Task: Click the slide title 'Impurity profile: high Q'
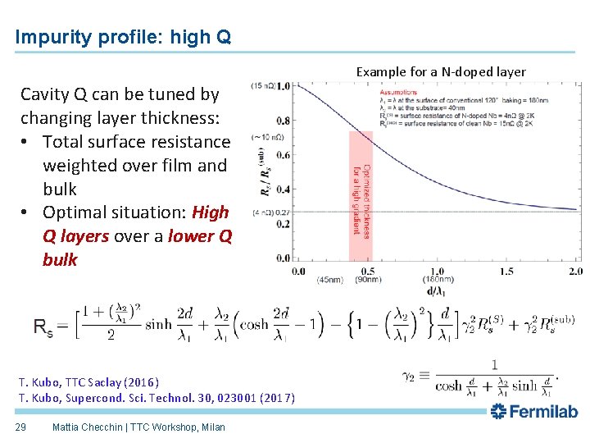pyautogui.click(x=123, y=37)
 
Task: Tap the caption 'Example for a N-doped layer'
pyautogui.click(x=441, y=71)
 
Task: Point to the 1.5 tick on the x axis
pyautogui.click(x=506, y=271)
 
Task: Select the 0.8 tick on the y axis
pyautogui.click(x=282, y=120)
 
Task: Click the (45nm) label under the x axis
pyautogui.click(x=330, y=281)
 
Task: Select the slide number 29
pyautogui.click(x=23, y=427)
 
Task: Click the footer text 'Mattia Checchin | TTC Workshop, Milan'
pyautogui.click(x=138, y=427)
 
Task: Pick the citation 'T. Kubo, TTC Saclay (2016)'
pyautogui.click(x=88, y=382)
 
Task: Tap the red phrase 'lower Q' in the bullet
pyautogui.click(x=199, y=236)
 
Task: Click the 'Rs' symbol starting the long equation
pyautogui.click(x=43, y=327)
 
